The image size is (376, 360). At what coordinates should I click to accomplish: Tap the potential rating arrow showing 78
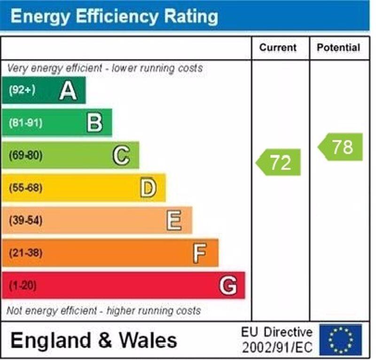[341, 147]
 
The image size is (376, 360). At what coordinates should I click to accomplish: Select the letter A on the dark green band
[68, 90]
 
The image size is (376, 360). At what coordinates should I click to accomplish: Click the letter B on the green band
[94, 123]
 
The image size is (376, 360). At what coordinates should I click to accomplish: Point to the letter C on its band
[121, 155]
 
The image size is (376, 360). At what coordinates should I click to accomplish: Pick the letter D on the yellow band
[148, 188]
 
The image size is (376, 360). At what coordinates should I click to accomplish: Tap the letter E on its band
[174, 220]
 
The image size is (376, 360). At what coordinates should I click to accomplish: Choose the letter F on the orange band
[200, 253]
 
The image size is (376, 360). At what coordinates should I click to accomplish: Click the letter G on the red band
[228, 285]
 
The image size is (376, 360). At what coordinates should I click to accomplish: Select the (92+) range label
[22, 90]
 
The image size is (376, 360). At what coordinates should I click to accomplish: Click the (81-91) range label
[25, 123]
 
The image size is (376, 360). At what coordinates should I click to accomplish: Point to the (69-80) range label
[25, 155]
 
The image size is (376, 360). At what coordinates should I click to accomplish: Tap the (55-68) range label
[25, 188]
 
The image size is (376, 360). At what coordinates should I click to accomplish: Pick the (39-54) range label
[25, 220]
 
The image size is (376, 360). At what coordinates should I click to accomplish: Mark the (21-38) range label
[25, 253]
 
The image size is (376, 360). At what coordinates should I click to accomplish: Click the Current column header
[278, 48]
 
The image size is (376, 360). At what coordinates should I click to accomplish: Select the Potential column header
[338, 48]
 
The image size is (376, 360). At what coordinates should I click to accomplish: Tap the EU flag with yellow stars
[341, 340]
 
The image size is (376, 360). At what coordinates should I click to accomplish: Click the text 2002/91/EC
[277, 348]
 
